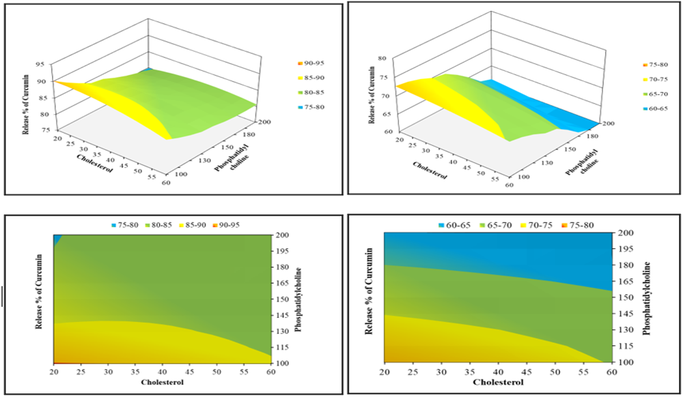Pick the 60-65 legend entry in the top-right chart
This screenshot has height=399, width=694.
pos(654,108)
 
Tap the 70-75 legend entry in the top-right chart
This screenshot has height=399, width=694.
pos(654,80)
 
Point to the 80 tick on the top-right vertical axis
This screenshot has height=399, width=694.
pos(383,59)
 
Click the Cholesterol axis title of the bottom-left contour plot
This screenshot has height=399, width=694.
pos(162,382)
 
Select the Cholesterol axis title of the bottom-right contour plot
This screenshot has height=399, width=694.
pos(498,382)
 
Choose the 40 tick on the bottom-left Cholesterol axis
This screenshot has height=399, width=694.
pos(162,372)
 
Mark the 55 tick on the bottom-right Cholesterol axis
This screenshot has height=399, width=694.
pos(584,372)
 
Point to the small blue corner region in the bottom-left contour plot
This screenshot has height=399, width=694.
pos(56,239)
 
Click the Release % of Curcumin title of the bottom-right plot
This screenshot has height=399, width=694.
pos(369,291)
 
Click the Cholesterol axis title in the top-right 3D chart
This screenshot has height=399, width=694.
pos(430,171)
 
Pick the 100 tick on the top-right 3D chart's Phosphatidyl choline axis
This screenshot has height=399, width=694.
pos(523,177)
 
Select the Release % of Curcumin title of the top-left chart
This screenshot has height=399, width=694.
pos(26,104)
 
